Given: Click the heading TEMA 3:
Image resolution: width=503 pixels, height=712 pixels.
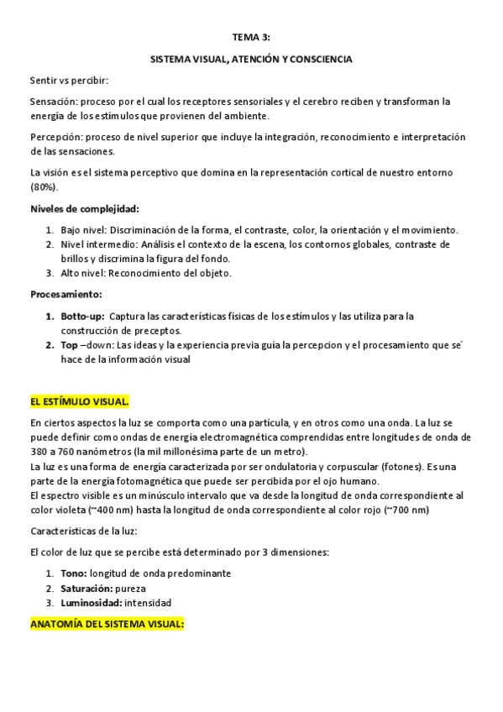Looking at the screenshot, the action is [251, 38].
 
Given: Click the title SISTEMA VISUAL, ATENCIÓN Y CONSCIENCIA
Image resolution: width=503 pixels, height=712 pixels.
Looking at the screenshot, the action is [251, 60].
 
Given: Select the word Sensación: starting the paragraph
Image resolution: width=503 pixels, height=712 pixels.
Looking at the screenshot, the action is [54, 102].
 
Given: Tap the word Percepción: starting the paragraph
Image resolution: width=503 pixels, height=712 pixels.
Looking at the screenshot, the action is [56, 137].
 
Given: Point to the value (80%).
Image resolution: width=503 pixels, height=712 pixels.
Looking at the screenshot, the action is [45, 186].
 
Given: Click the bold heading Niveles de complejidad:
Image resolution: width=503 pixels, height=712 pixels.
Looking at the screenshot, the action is [84, 208].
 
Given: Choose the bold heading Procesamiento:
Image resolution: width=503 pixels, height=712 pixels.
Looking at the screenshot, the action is [66, 295].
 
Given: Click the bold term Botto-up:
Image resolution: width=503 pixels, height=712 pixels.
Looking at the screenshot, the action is [81, 316].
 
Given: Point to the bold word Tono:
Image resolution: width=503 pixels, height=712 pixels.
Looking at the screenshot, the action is [73, 573].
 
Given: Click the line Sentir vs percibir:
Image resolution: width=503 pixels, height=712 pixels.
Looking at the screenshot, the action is [69, 81].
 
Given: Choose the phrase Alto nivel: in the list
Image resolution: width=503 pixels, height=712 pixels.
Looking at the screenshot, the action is [84, 273].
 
